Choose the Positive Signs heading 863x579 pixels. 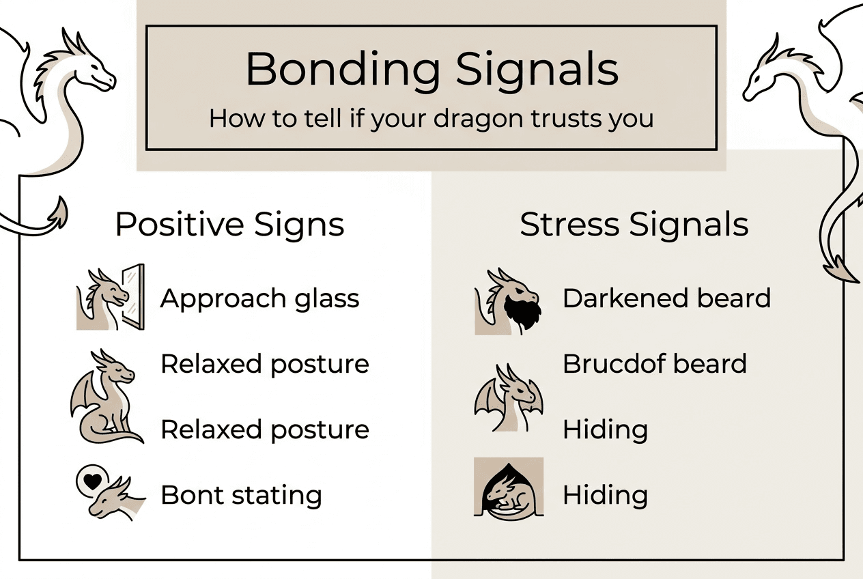pos(229,225)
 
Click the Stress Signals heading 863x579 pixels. pos(634,225)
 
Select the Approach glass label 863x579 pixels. pos(259,298)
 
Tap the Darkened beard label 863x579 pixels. pos(666,298)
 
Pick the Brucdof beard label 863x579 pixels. pos(654,364)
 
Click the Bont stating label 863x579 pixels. pos(241,495)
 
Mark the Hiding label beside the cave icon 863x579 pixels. pos(605,495)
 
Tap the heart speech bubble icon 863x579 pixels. pos(89,481)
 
